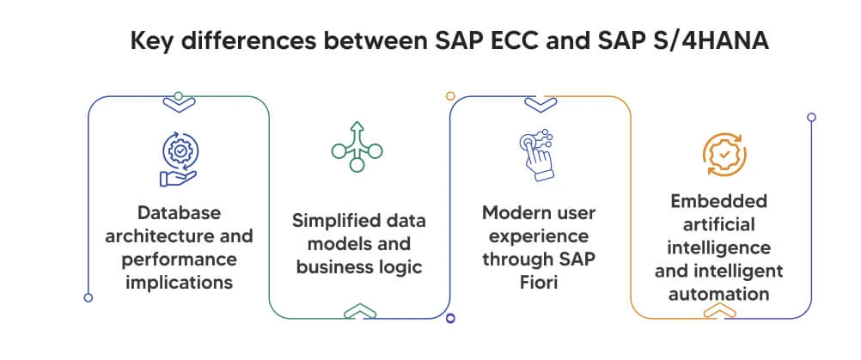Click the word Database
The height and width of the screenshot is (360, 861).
point(180,212)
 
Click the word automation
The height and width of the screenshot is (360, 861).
point(721,294)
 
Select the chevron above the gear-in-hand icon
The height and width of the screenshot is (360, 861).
point(179,103)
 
